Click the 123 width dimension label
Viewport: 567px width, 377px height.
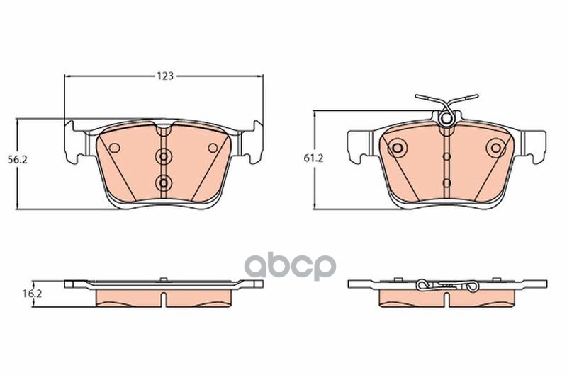(x=165, y=76)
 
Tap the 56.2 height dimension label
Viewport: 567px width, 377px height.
(x=18, y=160)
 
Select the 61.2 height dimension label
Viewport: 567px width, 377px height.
(x=313, y=158)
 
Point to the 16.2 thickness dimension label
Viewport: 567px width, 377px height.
(x=33, y=294)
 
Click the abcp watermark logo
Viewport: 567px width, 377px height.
(x=291, y=266)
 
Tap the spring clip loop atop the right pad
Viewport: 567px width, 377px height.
(x=446, y=118)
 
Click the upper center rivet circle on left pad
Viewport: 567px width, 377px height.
(x=164, y=157)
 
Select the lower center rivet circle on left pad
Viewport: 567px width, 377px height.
(x=164, y=183)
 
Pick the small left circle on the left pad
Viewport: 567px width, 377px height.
(x=115, y=148)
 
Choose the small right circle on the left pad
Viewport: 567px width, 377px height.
(x=213, y=148)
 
